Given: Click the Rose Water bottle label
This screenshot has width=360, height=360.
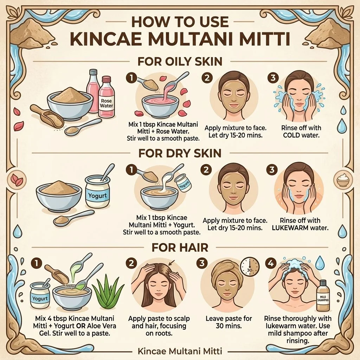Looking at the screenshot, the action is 106,103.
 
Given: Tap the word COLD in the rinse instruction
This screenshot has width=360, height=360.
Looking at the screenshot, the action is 291,135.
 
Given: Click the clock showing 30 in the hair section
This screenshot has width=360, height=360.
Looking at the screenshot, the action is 250,267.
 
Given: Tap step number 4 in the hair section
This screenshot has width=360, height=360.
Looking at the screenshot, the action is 271,263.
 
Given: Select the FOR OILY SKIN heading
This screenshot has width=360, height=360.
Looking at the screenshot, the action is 180,62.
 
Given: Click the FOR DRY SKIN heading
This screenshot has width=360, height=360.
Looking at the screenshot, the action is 180,153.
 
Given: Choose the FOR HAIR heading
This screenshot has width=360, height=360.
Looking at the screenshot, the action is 180,247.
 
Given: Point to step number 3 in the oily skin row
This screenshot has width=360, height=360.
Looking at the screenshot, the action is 273,78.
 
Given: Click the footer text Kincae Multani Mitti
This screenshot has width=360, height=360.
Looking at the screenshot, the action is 180,351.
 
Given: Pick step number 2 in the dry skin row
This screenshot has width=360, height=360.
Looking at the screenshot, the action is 206,170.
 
